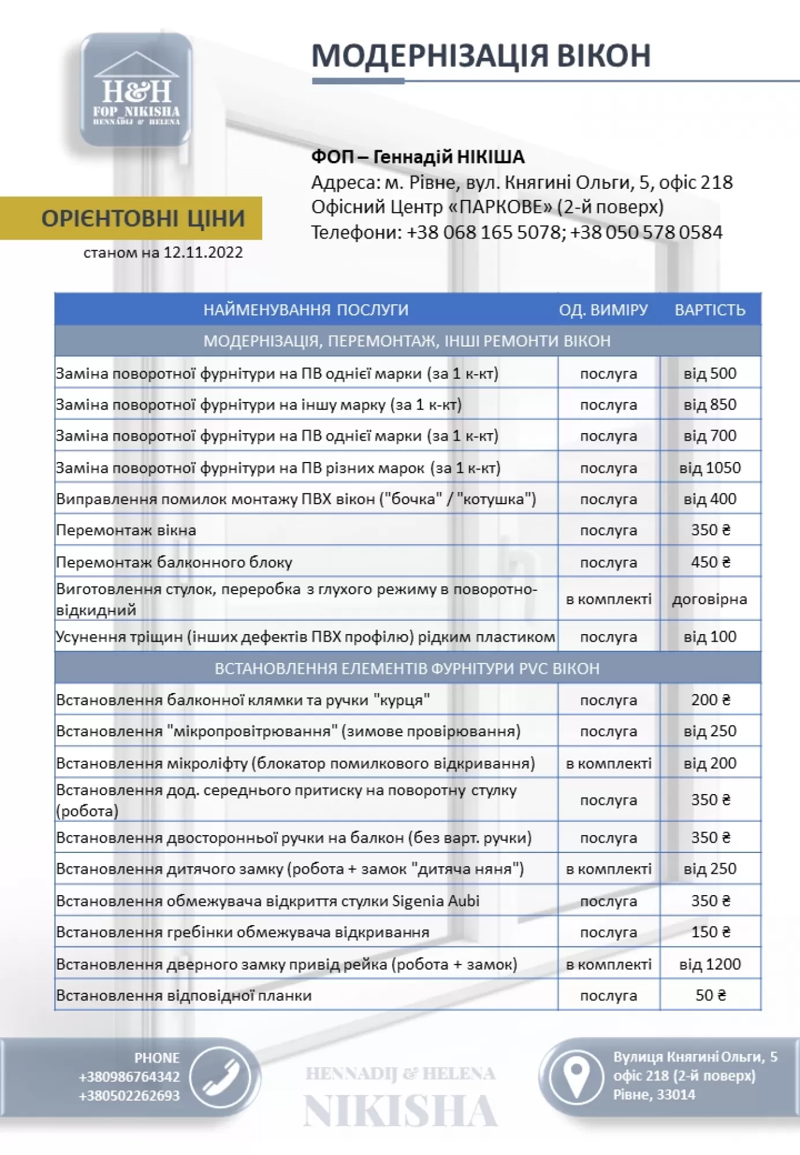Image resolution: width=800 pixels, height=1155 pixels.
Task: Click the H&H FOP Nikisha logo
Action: (x=136, y=90)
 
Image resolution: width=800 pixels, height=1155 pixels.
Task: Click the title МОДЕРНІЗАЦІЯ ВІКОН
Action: (x=481, y=56)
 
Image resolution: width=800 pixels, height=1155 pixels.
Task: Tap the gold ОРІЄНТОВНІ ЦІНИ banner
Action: (x=143, y=218)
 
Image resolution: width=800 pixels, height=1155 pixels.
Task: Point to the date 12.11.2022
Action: (x=203, y=252)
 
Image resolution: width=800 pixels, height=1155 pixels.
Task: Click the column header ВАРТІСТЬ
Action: (x=710, y=310)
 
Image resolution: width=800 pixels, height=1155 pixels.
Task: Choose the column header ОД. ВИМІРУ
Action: (x=603, y=310)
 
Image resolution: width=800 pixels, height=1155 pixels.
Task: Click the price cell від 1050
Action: (x=710, y=468)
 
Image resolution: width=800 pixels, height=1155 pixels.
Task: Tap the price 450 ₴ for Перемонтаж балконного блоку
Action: (x=710, y=562)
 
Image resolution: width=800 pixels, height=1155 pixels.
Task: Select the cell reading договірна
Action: (x=709, y=599)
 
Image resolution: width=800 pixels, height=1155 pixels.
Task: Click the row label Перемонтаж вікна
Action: (x=126, y=530)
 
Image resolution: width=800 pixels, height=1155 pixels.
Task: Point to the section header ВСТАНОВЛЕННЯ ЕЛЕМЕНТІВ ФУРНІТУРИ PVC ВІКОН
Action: (x=407, y=668)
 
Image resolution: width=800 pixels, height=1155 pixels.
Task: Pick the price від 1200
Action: (x=710, y=964)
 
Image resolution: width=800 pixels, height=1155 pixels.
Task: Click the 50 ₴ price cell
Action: (x=710, y=995)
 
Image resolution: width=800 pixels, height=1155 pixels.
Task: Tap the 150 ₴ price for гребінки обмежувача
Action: (x=710, y=932)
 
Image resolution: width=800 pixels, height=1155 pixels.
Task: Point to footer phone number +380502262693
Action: (x=129, y=1096)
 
